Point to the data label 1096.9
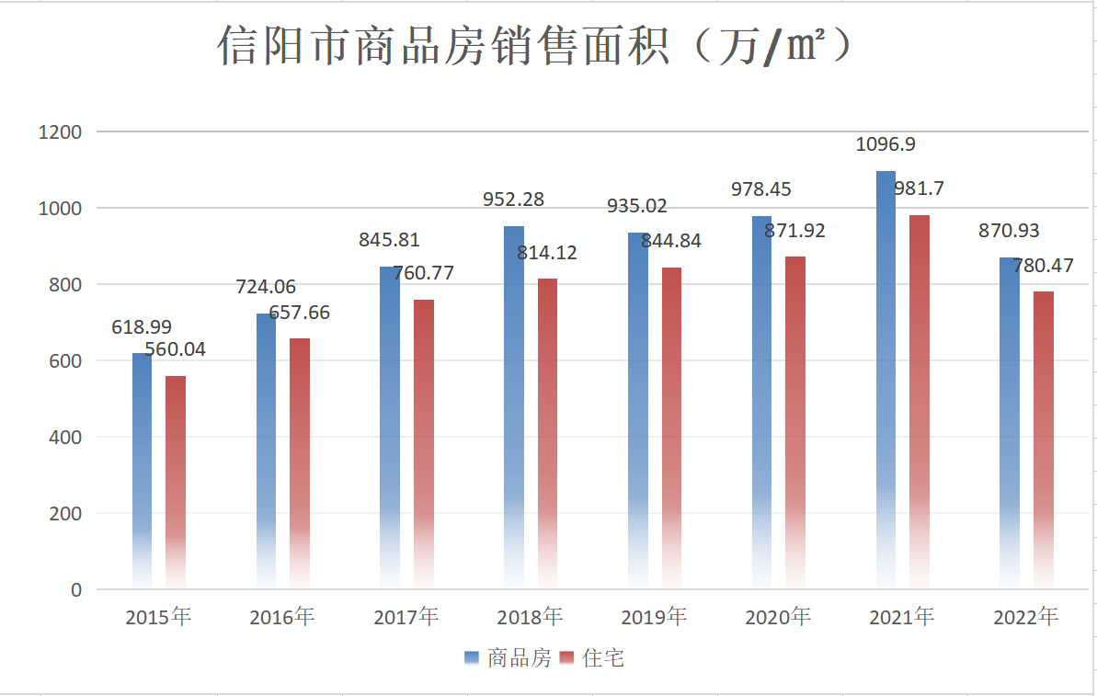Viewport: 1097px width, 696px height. [x=886, y=144]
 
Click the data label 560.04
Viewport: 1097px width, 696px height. [x=176, y=349]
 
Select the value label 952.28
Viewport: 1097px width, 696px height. [x=514, y=199]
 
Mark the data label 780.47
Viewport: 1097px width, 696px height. [x=1044, y=266]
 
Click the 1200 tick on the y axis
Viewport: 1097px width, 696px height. [x=60, y=132]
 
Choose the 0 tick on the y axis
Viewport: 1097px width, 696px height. [x=75, y=590]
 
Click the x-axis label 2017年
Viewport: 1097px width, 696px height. [x=406, y=617]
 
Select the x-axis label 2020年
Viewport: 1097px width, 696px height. [x=778, y=617]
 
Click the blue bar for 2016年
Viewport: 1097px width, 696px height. [x=266, y=451]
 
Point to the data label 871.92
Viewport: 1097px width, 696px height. [x=795, y=231]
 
